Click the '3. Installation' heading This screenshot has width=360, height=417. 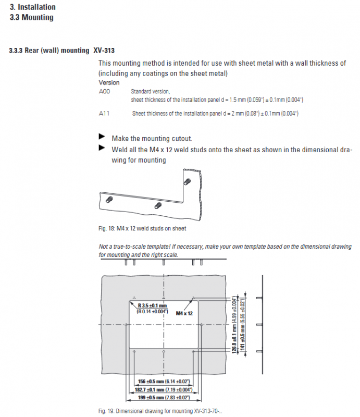coord(33,7)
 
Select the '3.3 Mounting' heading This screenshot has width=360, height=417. coord(31,17)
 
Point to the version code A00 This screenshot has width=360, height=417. coord(104,91)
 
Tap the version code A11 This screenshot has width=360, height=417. coord(104,113)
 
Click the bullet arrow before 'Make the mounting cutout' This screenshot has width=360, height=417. coord(102,138)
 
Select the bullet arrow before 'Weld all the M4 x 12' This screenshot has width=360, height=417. coord(102,148)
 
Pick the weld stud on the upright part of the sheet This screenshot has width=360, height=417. coord(187,181)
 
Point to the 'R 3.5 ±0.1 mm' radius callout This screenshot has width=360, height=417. coord(152,305)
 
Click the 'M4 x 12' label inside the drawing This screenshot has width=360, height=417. coord(184,313)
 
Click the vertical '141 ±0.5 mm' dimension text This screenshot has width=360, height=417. coord(242,326)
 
